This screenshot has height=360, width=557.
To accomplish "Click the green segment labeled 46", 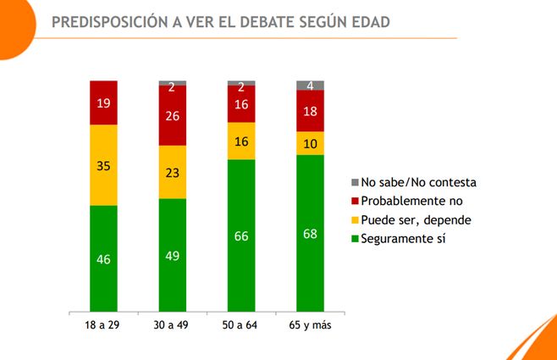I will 103,258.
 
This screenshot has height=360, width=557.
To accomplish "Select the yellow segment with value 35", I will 103,164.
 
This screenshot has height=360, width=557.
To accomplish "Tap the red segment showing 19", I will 103,102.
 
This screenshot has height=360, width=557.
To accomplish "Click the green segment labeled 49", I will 172,254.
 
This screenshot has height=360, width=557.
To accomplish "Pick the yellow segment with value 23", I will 172,172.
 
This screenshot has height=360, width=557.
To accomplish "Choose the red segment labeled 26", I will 172,115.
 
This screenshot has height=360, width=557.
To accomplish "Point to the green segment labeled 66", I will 241,235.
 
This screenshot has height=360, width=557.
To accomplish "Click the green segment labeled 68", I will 310,233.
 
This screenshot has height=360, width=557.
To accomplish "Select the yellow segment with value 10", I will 310,143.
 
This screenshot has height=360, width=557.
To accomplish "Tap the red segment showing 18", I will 310,110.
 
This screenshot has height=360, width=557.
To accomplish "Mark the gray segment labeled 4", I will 310,85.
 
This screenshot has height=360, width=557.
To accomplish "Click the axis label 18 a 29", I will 103,325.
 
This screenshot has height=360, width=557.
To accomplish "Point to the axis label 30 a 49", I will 172,325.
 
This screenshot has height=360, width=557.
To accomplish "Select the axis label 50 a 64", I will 241,325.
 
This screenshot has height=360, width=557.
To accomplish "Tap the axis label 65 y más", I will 310,325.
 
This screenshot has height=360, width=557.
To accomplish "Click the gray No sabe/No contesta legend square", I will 355,183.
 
